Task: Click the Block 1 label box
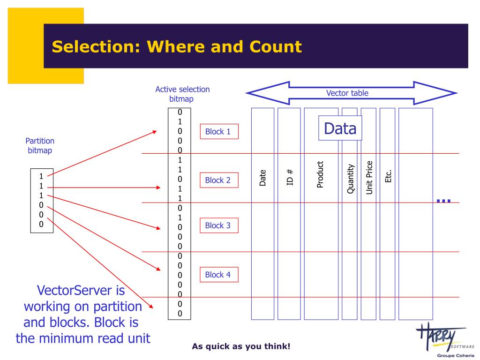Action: [x=219, y=131]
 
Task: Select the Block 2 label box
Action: [x=219, y=180]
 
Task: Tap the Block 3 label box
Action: [x=219, y=225]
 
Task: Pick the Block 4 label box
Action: [x=219, y=274]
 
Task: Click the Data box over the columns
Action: [x=340, y=128]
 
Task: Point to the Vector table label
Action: [x=347, y=93]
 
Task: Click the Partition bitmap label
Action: [x=40, y=146]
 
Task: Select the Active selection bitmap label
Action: [x=182, y=94]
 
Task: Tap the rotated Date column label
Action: [x=262, y=178]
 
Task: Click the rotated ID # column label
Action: [x=290, y=177]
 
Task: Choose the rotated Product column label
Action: [x=320, y=174]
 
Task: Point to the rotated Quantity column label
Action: [x=351, y=179]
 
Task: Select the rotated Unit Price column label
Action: [x=369, y=178]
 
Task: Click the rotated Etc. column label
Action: [x=388, y=176]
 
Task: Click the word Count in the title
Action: [x=276, y=47]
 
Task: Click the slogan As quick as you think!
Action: [x=241, y=346]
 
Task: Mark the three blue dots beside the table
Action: [x=443, y=201]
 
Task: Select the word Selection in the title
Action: [x=96, y=47]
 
